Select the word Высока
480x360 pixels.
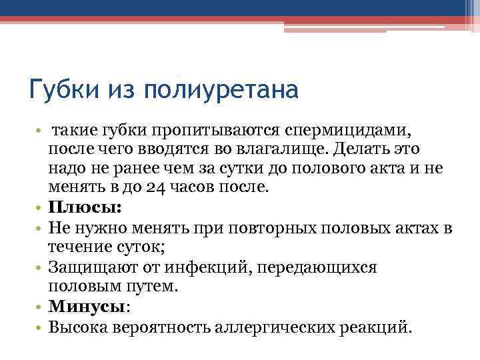pos(79,327)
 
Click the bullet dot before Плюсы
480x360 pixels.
pos(39,208)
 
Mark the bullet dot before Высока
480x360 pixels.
pos(39,328)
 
